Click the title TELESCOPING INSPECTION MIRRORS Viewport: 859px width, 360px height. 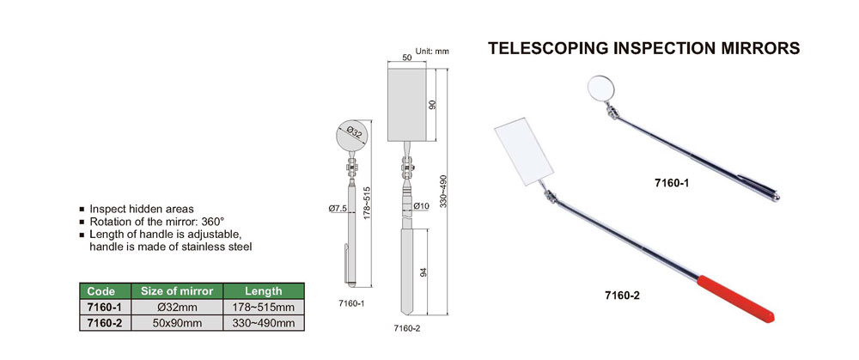[x=644, y=49]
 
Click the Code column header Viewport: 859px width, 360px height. [x=104, y=291]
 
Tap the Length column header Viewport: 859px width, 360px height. [x=264, y=291]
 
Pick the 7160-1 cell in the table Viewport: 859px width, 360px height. [x=104, y=307]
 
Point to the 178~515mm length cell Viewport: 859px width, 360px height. [x=264, y=307]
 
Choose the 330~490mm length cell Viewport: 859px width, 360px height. [x=264, y=322]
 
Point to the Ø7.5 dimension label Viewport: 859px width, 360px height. [x=337, y=208]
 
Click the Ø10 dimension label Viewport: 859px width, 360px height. [x=421, y=206]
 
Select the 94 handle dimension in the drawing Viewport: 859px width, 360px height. [x=423, y=272]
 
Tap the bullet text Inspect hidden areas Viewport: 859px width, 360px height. [x=142, y=209]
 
